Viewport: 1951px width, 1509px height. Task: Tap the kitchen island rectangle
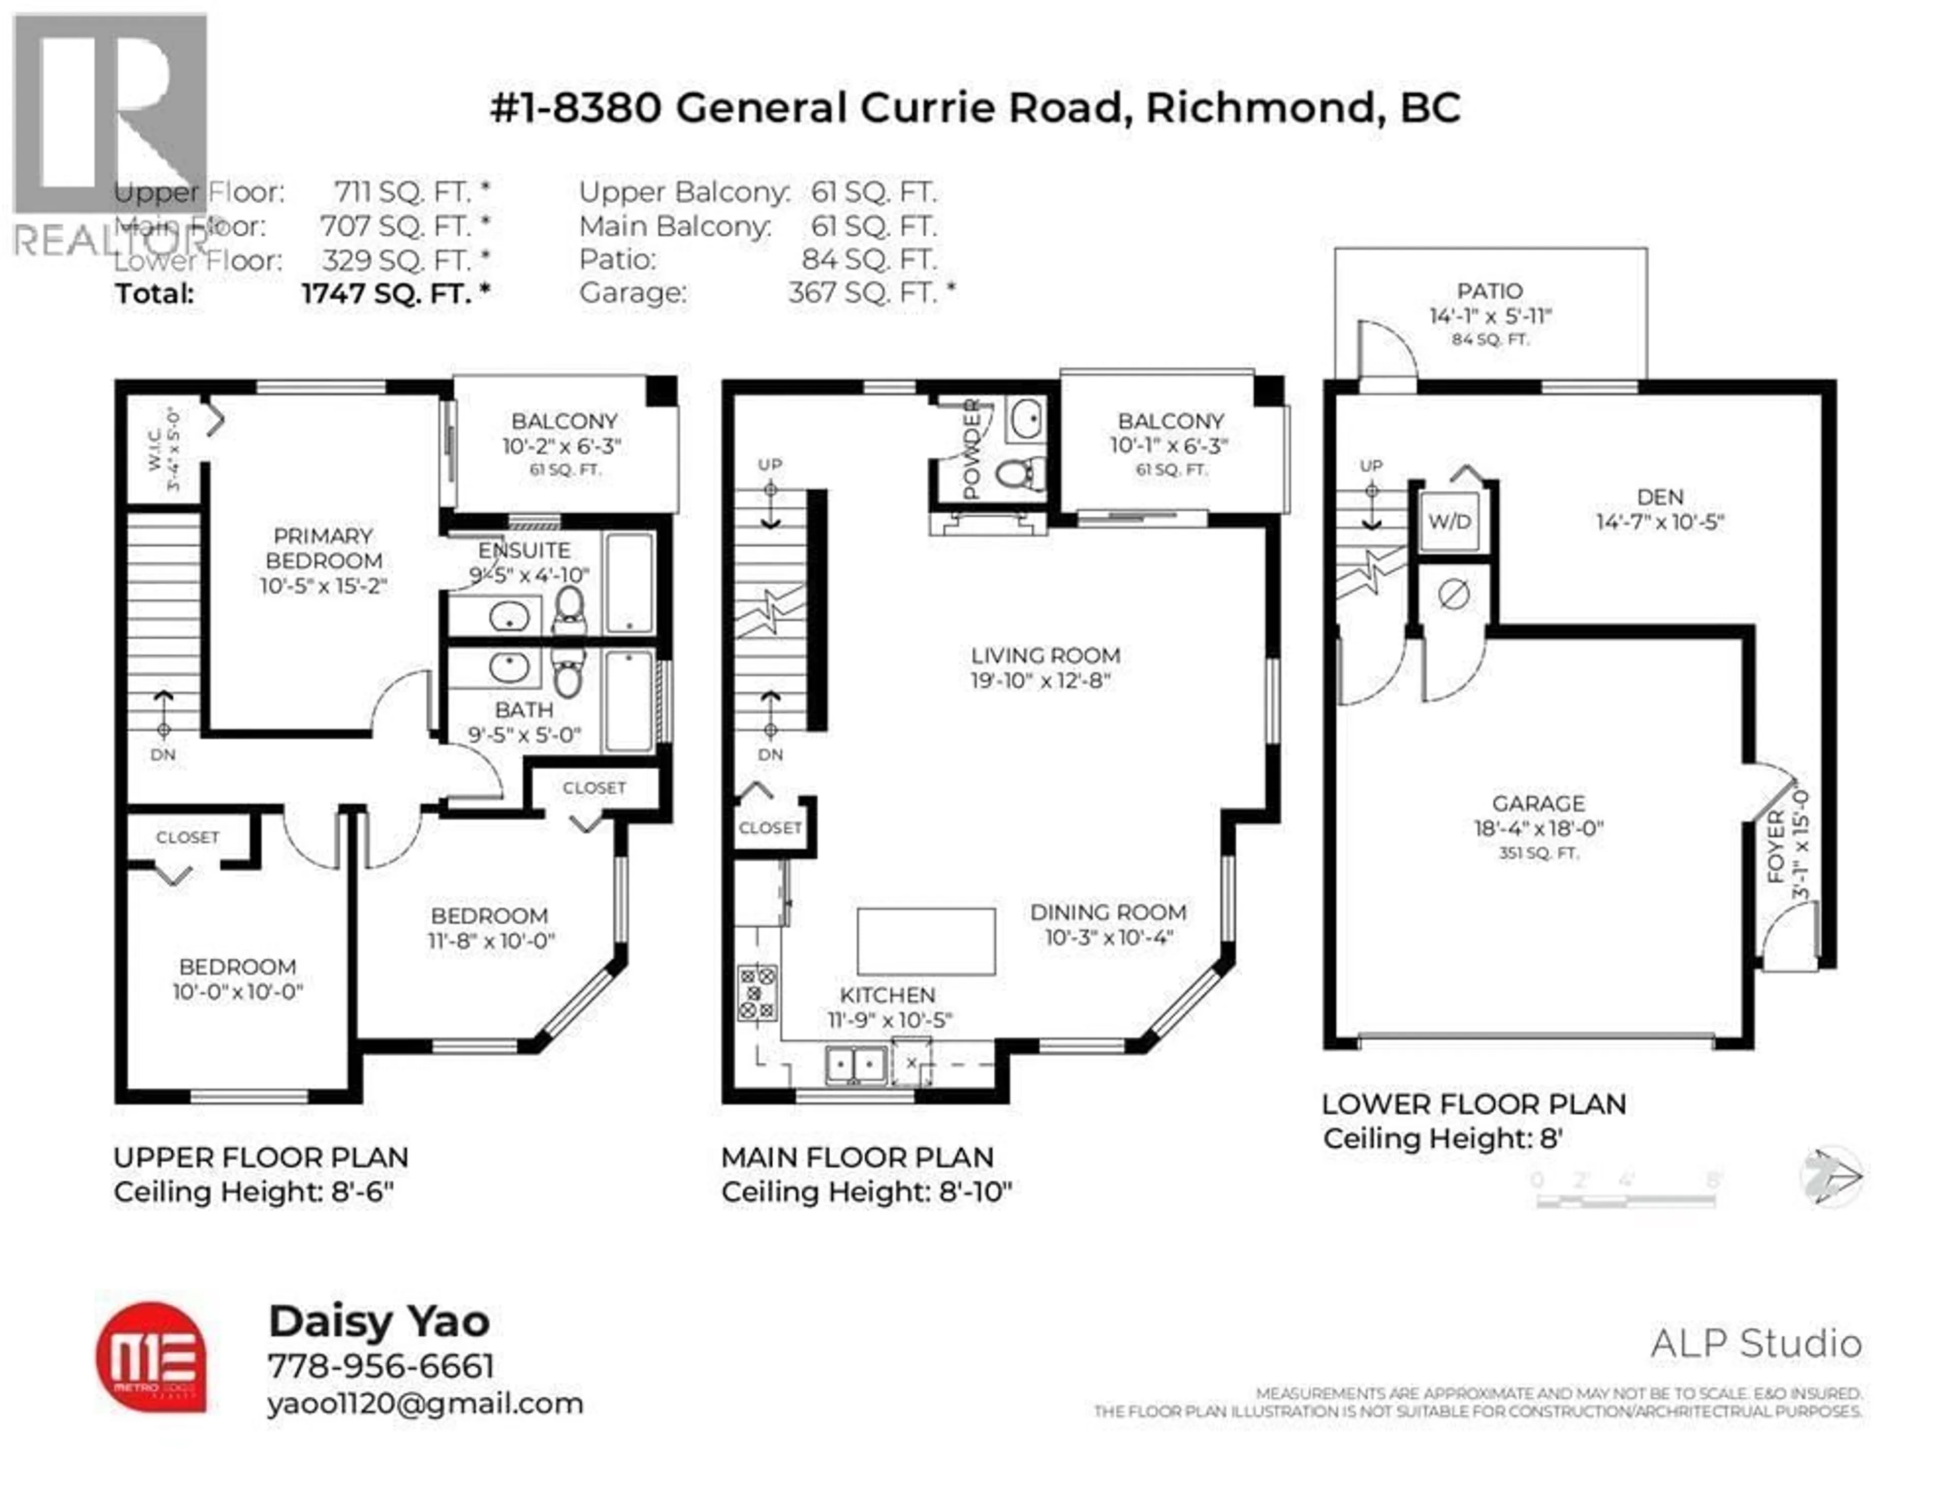click(926, 941)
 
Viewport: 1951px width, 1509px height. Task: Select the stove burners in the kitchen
click(756, 993)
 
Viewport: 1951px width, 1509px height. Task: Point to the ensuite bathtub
click(630, 583)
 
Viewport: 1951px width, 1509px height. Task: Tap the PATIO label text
click(1489, 291)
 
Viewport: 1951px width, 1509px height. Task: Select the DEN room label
click(1660, 497)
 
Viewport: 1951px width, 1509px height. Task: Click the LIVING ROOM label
click(1045, 655)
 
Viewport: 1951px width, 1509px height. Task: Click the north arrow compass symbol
click(1831, 1176)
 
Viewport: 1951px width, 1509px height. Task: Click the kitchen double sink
click(855, 1064)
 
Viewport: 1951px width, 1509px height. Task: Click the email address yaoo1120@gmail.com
click(425, 1404)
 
